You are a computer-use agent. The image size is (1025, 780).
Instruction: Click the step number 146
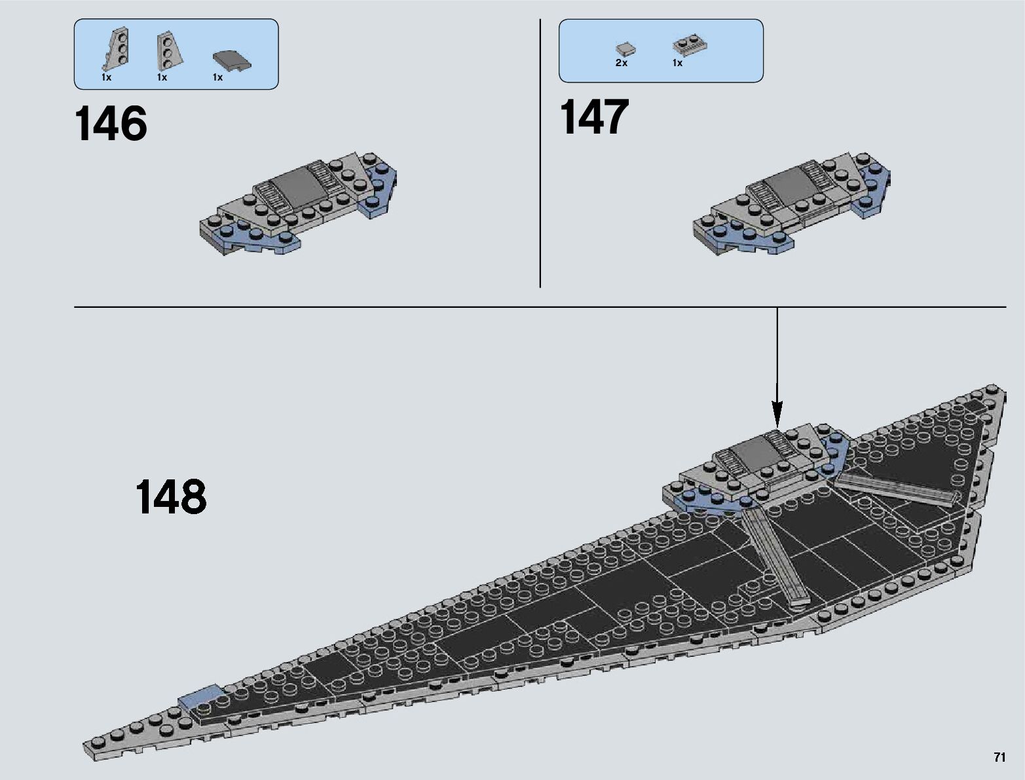pyautogui.click(x=111, y=124)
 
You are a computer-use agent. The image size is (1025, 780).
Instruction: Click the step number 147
pyautogui.click(x=594, y=118)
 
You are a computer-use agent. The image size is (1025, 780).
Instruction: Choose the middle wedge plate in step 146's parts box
pyautogui.click(x=170, y=50)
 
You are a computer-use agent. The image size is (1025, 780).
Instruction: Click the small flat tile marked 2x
pyautogui.click(x=625, y=48)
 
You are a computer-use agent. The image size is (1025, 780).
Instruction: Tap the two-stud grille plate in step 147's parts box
pyautogui.click(x=687, y=46)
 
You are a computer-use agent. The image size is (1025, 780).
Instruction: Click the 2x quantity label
pyautogui.click(x=621, y=64)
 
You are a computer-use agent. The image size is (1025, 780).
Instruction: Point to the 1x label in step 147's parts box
pyautogui.click(x=677, y=64)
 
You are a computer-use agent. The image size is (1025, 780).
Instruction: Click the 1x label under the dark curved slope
pyautogui.click(x=217, y=77)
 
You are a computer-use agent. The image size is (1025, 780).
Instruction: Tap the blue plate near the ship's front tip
pyautogui.click(x=201, y=696)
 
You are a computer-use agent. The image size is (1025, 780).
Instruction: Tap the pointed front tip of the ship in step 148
pyautogui.click(x=88, y=747)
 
